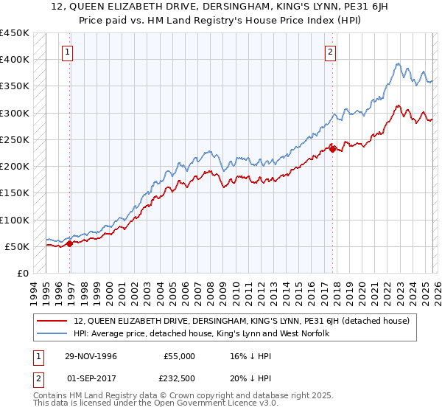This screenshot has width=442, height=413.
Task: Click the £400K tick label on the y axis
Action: tap(15, 60)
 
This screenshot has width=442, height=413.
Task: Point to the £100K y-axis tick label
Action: tap(15, 220)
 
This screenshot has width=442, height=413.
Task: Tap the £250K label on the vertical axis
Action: tap(15, 139)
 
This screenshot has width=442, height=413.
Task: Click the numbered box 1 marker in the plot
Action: tap(67, 52)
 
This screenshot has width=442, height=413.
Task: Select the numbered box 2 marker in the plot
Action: tap(330, 52)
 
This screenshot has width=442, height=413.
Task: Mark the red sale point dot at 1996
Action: tap(69, 243)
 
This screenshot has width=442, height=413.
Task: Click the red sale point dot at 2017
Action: tap(332, 149)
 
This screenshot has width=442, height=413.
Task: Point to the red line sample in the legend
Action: tap(53, 321)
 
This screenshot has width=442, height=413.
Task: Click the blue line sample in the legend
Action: tap(53, 333)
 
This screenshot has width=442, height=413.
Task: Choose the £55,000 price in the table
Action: tap(179, 356)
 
